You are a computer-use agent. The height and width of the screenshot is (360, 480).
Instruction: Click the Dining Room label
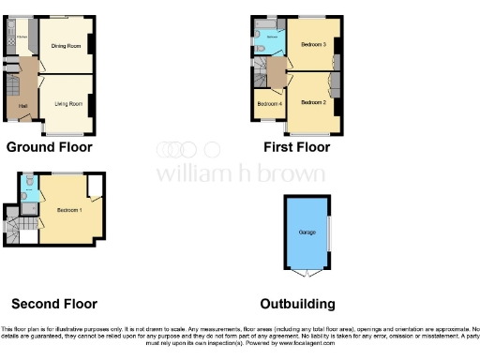point(66,45)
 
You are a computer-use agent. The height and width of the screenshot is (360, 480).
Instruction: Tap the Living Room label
point(66,104)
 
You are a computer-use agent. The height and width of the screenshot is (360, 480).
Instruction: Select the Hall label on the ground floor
point(22,105)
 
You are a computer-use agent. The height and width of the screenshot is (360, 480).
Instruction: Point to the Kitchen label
point(21,37)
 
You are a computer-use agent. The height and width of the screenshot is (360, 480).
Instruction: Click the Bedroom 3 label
point(312,45)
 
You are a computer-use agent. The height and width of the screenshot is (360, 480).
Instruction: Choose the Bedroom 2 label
point(312,101)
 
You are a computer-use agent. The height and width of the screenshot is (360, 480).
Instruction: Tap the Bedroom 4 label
point(270,104)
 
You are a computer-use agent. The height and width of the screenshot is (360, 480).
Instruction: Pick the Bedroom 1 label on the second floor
point(67,209)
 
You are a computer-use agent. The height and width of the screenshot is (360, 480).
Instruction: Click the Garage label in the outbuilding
point(307,231)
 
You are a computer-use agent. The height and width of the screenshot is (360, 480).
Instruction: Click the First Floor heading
point(297,147)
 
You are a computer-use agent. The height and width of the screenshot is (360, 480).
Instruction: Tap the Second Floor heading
point(54,304)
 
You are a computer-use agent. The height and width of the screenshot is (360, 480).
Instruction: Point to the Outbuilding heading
point(297,304)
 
